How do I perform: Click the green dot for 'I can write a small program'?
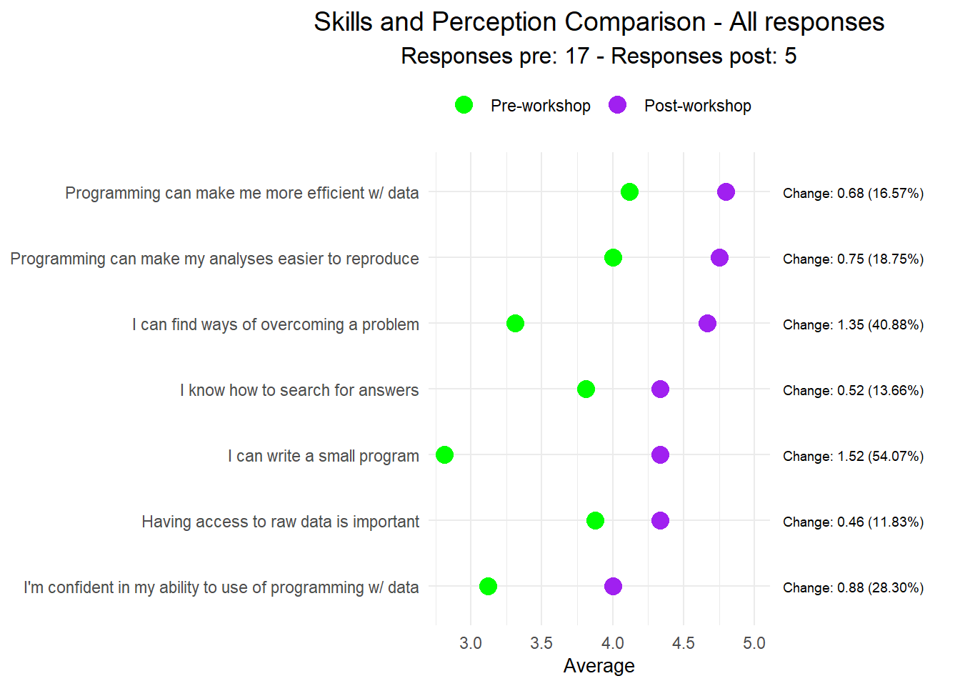point(444,455)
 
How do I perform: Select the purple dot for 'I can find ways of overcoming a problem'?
point(707,324)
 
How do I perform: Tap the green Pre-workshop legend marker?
point(464,105)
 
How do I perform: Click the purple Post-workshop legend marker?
point(617,105)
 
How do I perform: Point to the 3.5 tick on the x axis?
point(541,643)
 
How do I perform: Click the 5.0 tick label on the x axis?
point(754,643)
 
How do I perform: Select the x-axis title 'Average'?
point(599,666)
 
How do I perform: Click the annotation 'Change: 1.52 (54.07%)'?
point(853,456)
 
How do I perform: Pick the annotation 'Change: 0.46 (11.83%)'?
point(853,522)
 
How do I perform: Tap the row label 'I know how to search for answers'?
point(299,390)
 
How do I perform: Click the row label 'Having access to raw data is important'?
point(280,522)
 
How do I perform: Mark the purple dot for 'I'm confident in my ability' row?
point(613,587)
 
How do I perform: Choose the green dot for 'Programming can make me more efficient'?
point(629,192)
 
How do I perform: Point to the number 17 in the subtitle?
point(576,56)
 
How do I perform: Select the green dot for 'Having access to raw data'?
point(595,521)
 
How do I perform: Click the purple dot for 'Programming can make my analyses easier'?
point(719,258)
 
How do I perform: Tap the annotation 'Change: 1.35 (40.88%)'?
point(853,324)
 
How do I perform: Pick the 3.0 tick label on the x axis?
point(471,643)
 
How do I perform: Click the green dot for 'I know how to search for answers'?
point(586,389)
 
